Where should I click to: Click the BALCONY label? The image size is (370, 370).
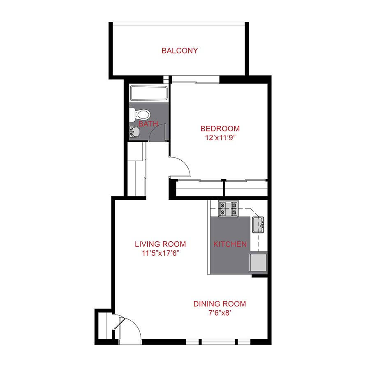point(180,51)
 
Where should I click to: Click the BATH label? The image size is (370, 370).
point(148,124)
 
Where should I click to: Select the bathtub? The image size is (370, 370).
point(148,94)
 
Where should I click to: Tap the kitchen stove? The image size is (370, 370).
point(228,209)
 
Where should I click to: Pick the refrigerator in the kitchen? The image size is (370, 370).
point(259,263)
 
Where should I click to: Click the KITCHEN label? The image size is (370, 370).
point(230,244)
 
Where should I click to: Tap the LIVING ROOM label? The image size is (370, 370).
point(160,244)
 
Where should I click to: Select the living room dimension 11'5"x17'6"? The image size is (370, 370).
point(160,253)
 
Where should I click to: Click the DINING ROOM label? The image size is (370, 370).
point(220,304)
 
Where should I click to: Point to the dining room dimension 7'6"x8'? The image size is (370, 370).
point(220,313)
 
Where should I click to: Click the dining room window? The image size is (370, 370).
point(218,341)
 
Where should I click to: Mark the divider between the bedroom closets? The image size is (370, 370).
point(224,188)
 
